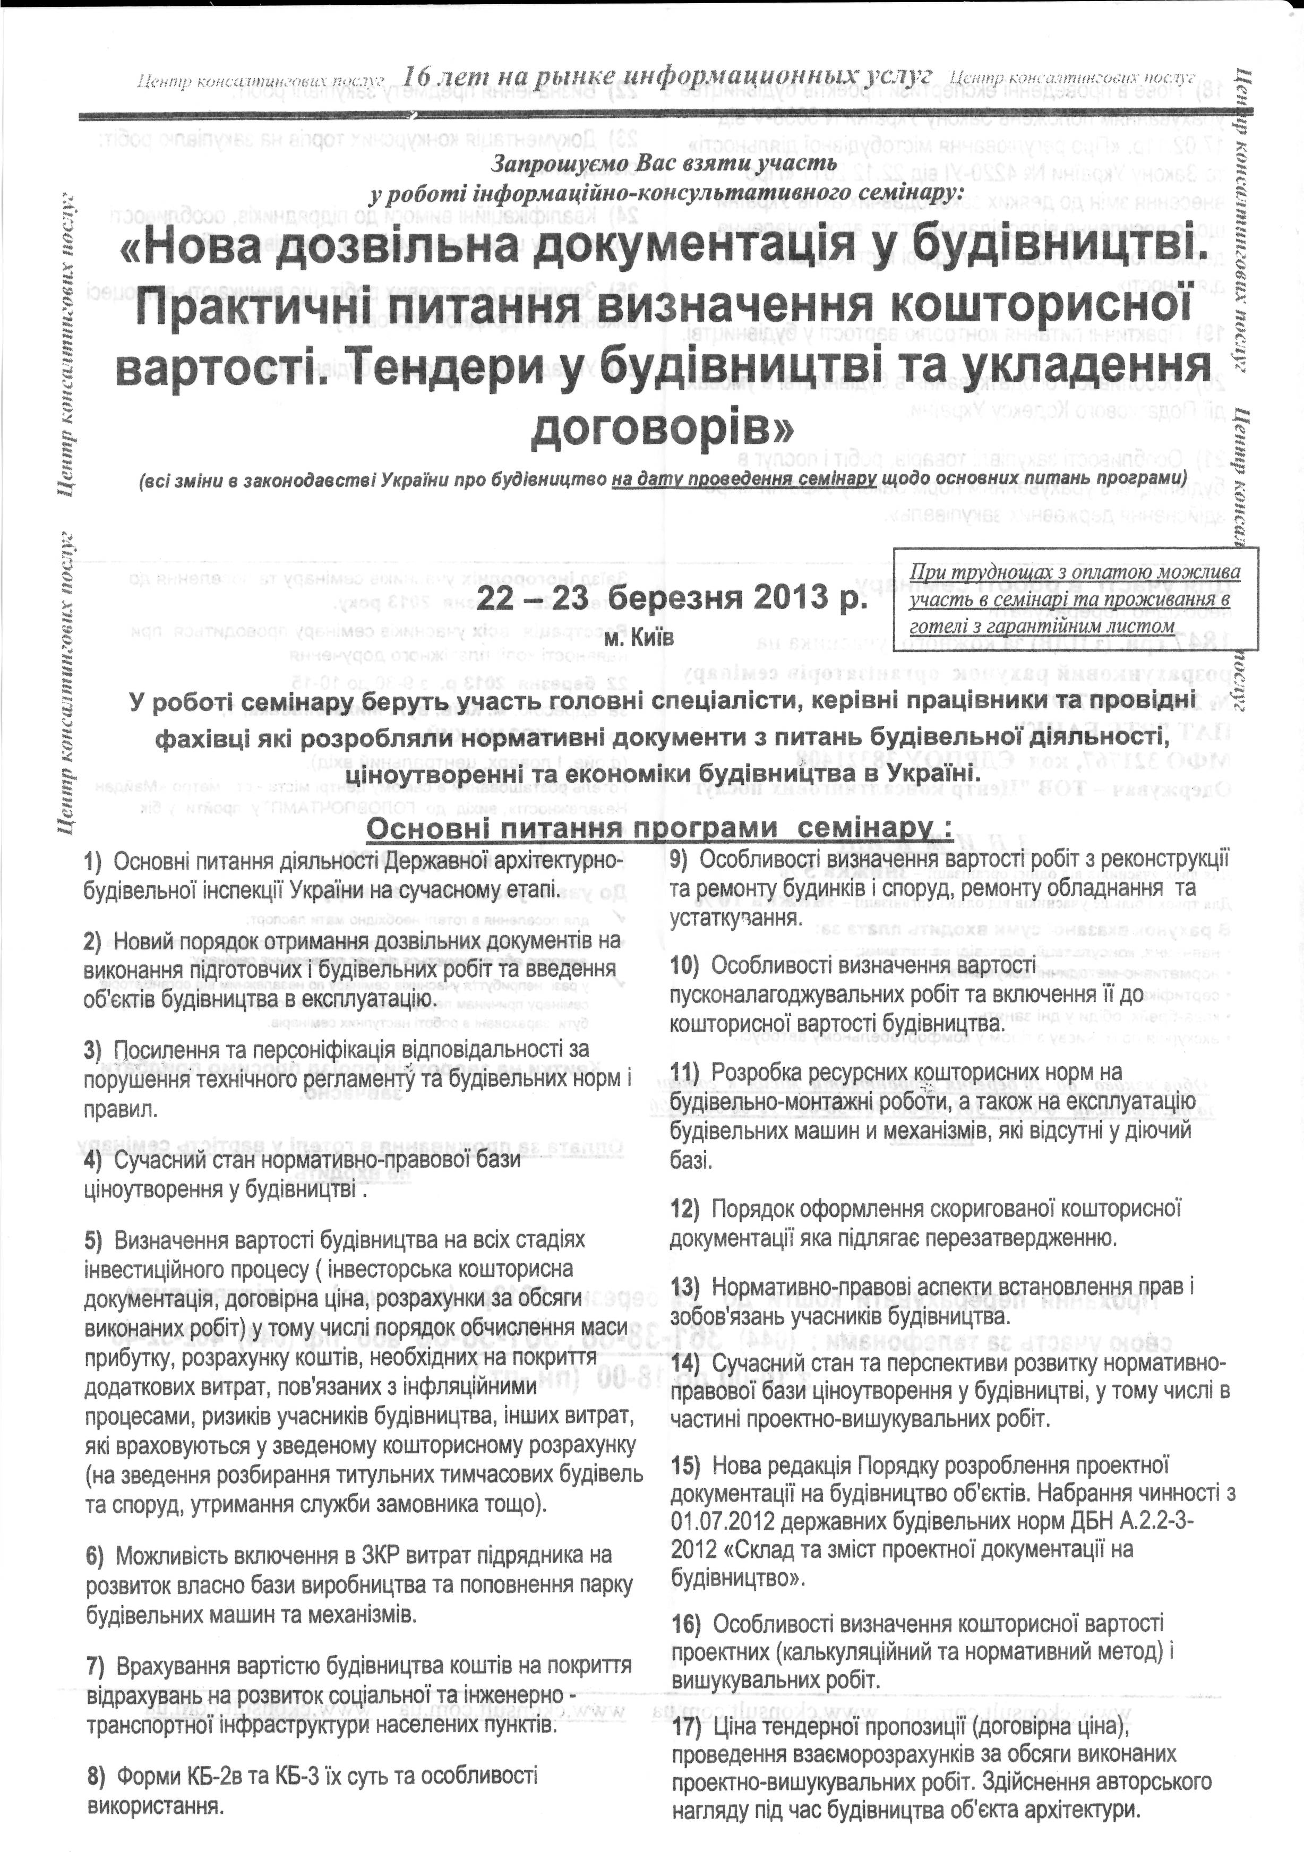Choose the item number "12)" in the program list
click(685, 1210)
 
